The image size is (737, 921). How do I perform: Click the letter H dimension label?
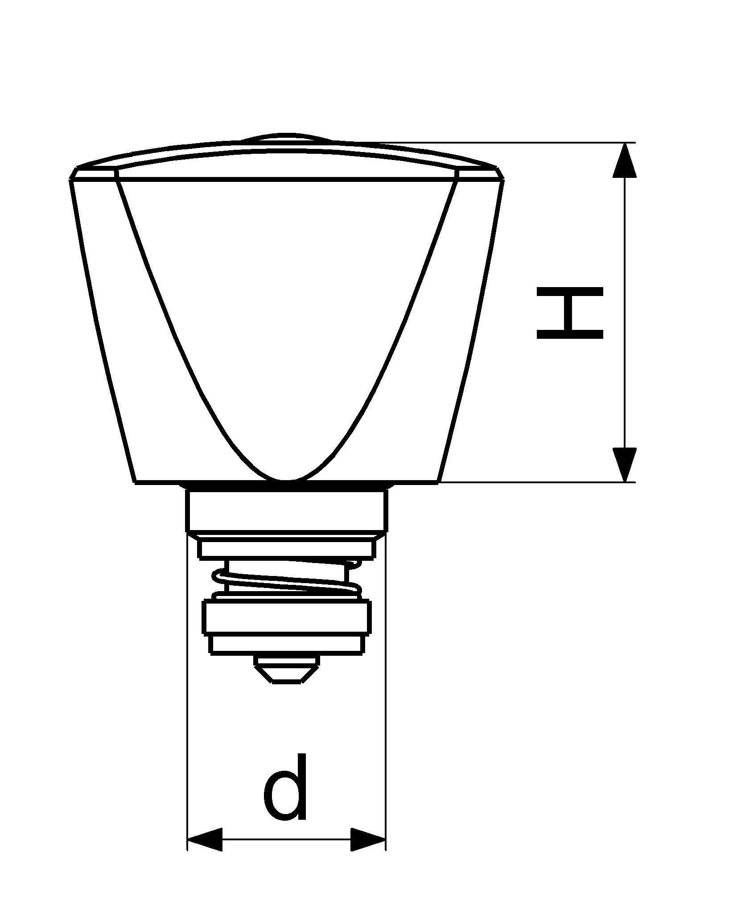click(x=570, y=312)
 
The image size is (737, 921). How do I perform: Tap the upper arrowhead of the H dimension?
click(x=624, y=160)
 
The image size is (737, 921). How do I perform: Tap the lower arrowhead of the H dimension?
click(x=624, y=465)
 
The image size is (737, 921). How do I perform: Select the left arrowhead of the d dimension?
click(x=205, y=852)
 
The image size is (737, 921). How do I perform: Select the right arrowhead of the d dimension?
click(x=368, y=852)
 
